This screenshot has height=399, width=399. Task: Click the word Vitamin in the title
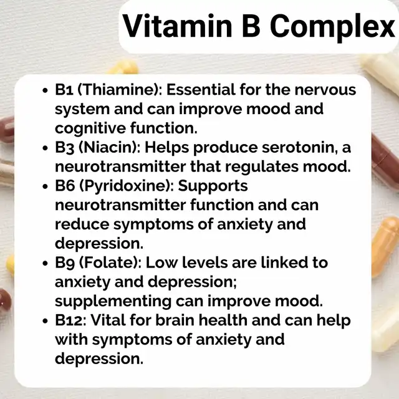tap(177, 26)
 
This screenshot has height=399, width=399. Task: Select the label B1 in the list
tap(64, 90)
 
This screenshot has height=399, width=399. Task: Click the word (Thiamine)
tap(119, 90)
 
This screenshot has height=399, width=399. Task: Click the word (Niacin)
tap(109, 148)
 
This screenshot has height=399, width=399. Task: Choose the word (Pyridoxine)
tap(127, 186)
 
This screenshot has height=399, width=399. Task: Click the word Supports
tap(213, 186)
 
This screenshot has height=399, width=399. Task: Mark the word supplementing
tap(113, 302)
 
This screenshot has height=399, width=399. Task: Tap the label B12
tap(69, 320)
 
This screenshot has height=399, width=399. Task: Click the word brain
tap(175, 320)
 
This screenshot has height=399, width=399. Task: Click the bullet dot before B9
tap(46, 263)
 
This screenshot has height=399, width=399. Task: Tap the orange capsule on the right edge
tap(385, 246)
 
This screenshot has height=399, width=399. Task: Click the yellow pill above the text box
tap(123, 68)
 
